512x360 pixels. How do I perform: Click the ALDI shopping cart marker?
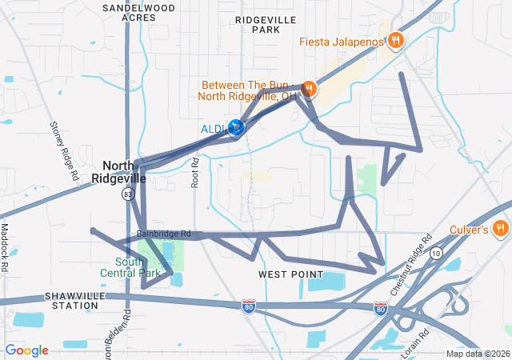click(236, 128)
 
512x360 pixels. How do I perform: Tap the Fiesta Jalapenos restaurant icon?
click(395, 41)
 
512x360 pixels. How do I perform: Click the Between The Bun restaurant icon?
click(309, 90)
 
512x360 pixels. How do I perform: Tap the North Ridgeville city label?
click(118, 172)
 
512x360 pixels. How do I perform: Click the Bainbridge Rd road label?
click(163, 234)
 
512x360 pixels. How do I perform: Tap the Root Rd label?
click(194, 172)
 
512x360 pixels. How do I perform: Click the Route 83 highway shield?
click(128, 194)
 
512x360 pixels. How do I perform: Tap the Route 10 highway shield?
click(435, 254)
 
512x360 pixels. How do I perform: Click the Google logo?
click(26, 350)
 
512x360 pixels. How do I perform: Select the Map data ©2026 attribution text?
click(477, 354)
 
